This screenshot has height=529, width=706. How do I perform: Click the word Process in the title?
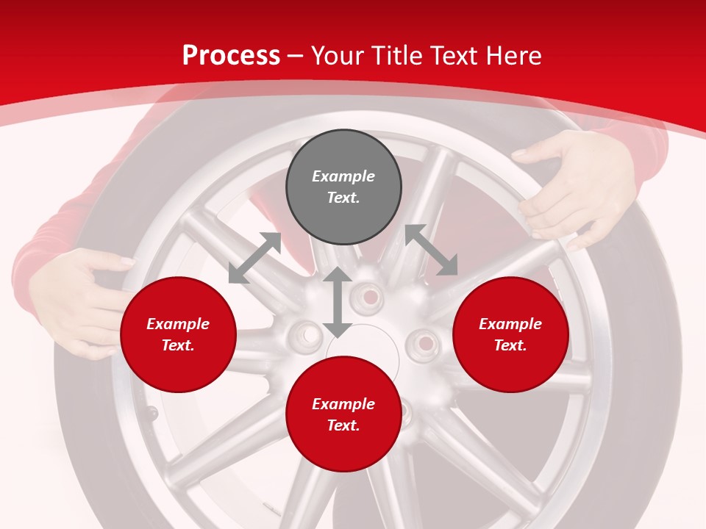pos(231,56)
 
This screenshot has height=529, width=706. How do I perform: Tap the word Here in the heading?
pos(510,56)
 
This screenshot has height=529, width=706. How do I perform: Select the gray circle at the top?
pos(343,187)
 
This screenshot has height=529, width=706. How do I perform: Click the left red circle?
pos(178,334)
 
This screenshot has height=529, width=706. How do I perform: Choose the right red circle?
pos(510,334)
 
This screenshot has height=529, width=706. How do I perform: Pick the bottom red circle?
pos(343,414)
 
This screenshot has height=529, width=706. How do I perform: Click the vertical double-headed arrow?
pos(338,302)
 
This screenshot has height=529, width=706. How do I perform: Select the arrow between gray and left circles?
pos(254,258)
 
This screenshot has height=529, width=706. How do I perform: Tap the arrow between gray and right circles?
pos(431,250)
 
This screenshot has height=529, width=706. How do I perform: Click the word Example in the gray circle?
pos(343,176)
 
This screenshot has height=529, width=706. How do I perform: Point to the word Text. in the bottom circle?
pos(343,425)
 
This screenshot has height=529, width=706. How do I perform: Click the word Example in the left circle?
pos(178,324)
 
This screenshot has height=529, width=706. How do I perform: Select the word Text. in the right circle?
pos(510,345)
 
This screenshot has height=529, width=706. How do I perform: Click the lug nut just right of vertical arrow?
pos(367,296)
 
